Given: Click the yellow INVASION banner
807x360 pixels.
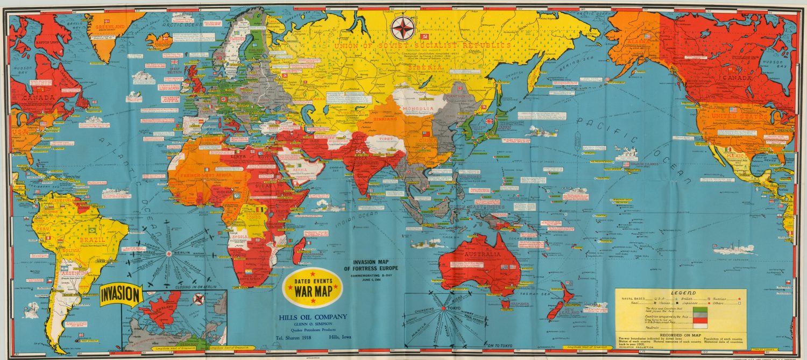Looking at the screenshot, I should click(x=121, y=295).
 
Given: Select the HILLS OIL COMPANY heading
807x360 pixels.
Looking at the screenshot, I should click(x=312, y=316).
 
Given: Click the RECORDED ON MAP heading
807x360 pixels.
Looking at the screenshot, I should click(x=680, y=333).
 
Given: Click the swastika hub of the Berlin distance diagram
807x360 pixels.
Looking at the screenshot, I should click(x=171, y=253).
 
